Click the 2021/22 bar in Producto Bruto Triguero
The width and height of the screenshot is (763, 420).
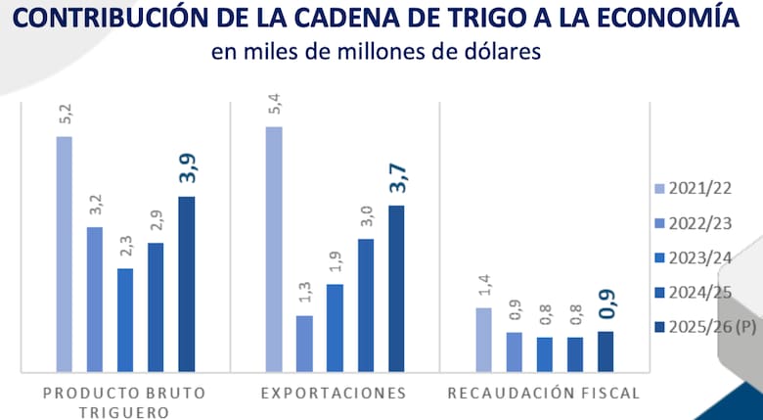tap(64, 254)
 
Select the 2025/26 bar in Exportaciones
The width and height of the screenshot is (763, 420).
tap(396, 288)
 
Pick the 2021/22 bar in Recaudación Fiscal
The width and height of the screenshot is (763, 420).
tap(484, 339)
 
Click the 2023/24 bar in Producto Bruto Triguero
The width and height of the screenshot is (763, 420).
tap(125, 319)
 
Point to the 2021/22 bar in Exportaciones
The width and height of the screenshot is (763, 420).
tap(274, 249)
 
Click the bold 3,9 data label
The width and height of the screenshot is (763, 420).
tap(186, 167)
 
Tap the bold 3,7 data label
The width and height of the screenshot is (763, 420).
tap(396, 177)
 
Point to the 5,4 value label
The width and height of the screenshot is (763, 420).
tap(274, 104)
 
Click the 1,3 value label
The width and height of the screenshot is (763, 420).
tap(304, 292)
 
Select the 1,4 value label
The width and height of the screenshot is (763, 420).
tap(484, 285)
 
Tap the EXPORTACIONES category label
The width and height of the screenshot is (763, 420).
tap(334, 394)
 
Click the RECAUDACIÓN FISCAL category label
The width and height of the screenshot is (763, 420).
tap(544, 394)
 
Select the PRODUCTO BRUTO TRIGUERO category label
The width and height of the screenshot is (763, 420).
tap(124, 402)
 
